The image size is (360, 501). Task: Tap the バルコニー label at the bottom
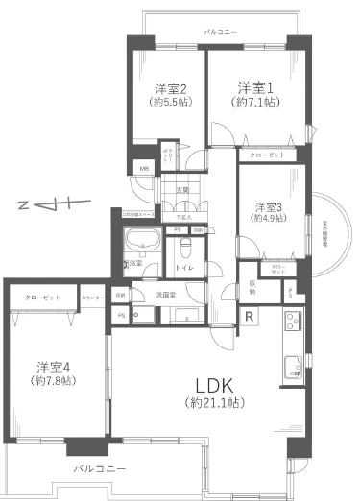click(x=101, y=470)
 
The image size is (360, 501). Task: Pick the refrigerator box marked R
click(x=248, y=318)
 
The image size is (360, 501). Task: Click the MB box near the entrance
click(x=144, y=170)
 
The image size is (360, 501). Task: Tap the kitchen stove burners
click(x=292, y=366)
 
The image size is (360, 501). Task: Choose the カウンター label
click(x=93, y=298)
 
